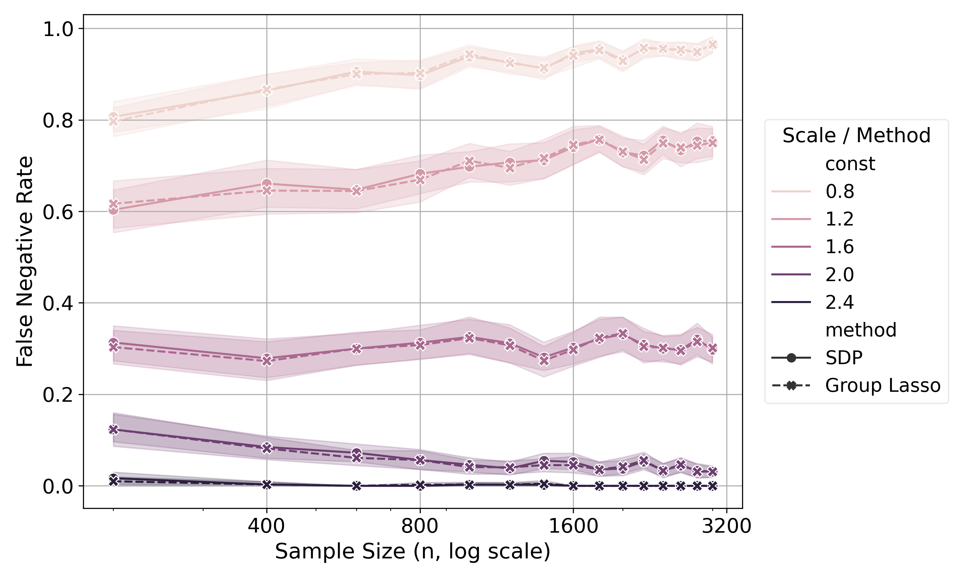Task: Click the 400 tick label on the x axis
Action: coord(266,526)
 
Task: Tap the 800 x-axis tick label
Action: coord(420,526)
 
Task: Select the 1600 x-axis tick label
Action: coord(573,526)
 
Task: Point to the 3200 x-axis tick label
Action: coord(726,526)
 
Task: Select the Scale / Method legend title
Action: coord(857,135)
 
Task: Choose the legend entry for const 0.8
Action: coord(813,191)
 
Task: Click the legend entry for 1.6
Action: coord(813,247)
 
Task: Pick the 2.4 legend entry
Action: coord(813,302)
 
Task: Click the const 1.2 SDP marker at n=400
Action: coord(267,184)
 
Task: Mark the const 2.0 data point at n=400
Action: coord(267,448)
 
